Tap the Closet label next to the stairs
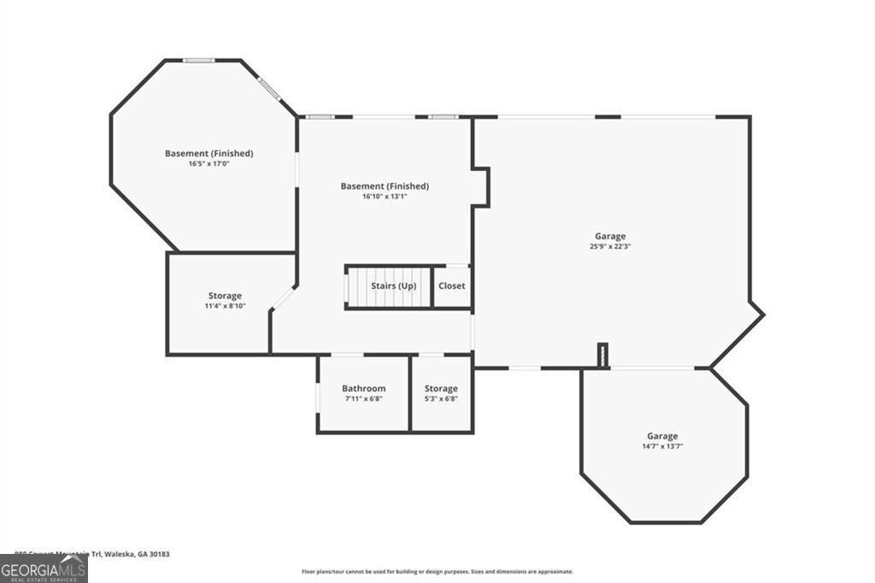(451, 286)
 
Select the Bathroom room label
(363, 388)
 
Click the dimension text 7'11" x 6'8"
(363, 398)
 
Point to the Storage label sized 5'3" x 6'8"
(441, 388)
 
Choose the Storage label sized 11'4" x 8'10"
(225, 296)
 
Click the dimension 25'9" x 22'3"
(610, 246)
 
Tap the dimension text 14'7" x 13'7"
(661, 446)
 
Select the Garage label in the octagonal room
(661, 435)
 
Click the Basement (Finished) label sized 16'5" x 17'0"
(208, 153)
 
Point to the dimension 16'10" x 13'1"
(385, 196)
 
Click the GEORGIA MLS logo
(44, 568)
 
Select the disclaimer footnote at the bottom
(437, 572)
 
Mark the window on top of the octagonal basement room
(199, 60)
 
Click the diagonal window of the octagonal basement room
(270, 90)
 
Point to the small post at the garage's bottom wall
(602, 356)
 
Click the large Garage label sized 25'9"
(610, 236)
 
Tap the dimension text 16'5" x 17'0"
(208, 163)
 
